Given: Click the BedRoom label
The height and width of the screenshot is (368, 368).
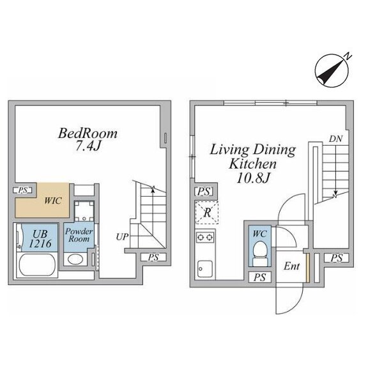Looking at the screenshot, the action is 88,134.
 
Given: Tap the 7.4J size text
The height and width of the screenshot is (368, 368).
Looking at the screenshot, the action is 88,146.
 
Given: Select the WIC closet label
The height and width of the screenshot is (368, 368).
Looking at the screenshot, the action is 53,201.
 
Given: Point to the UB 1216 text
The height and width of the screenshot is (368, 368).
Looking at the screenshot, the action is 40,239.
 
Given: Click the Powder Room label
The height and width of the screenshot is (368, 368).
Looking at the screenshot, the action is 79,235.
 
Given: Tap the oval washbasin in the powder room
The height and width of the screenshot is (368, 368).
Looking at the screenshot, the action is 75,259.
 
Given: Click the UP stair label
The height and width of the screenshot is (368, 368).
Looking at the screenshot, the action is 122,237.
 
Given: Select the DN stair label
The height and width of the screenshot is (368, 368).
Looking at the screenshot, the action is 335,139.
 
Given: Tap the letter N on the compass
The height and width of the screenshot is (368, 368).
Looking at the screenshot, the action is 348,56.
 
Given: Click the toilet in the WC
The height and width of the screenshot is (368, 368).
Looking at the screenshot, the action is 259,254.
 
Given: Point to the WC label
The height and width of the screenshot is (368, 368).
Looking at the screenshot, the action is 259,234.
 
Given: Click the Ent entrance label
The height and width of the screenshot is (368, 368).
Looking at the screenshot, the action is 291,266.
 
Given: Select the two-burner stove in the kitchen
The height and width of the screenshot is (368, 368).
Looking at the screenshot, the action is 205,237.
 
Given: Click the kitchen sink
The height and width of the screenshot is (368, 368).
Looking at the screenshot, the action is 205,269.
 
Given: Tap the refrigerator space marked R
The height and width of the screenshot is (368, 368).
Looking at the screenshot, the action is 207,213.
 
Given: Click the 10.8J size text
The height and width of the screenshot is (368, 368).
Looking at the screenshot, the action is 253,178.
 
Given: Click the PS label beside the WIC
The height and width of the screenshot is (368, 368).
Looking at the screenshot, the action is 23,190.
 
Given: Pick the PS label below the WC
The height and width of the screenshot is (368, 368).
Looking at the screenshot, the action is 259,277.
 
